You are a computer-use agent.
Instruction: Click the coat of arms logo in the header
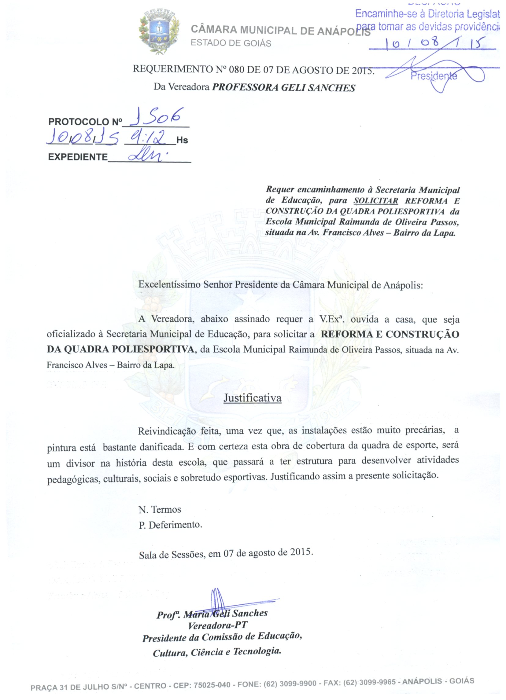tap(159, 31)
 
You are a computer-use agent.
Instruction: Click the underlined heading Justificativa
tap(252, 398)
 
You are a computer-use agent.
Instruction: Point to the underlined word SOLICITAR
tap(376, 201)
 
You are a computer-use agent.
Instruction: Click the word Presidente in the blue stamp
tap(434, 75)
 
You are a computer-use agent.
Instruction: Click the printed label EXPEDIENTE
tap(78, 157)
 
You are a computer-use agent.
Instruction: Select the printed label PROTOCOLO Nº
tap(85, 122)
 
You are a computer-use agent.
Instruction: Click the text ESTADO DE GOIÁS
tap(231, 43)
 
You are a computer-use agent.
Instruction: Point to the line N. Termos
tap(160, 509)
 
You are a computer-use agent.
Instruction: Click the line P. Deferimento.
tap(170, 525)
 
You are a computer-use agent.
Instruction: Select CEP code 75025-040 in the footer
tap(212, 685)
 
